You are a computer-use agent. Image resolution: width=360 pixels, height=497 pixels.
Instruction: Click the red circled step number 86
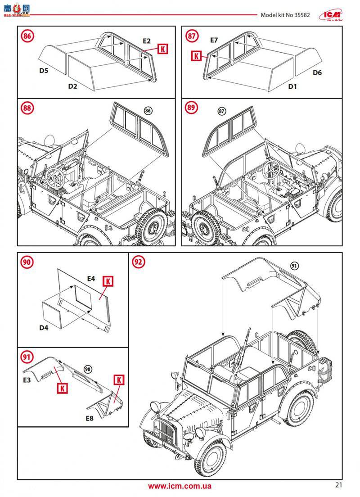point(28,36)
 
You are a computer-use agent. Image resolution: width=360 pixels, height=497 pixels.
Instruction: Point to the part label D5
point(44,70)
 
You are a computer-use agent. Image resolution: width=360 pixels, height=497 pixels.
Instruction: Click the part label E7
point(214,41)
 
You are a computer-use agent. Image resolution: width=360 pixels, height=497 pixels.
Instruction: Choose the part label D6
point(317,72)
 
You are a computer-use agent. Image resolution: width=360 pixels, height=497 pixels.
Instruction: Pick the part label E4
point(91,279)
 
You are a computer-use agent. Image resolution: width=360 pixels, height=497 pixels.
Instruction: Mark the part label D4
point(44,328)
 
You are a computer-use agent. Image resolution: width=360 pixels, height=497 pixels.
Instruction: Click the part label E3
point(27,380)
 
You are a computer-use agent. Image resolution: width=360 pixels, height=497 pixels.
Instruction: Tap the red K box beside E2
point(162,50)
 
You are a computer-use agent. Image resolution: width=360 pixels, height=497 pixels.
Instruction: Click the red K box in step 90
point(108,281)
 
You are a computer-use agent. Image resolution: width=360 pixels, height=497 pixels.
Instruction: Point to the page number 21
point(339,485)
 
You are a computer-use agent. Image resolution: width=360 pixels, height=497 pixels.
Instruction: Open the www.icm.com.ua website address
point(180,486)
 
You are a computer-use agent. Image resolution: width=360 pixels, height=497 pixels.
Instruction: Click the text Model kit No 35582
point(285,14)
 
